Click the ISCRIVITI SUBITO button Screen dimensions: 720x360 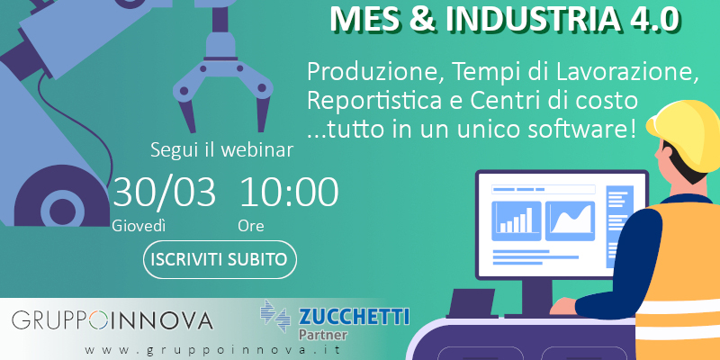220,259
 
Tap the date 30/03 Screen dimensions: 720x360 164,192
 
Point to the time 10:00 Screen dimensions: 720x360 289,192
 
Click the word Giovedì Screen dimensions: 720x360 139,226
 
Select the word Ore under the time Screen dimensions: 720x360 251,226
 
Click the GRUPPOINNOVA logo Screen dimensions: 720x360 112,320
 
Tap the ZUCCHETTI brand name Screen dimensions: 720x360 354,318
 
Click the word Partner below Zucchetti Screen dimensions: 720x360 323,334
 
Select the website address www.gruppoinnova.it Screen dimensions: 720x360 213,350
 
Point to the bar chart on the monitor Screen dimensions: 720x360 516,220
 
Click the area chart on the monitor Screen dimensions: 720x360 571,220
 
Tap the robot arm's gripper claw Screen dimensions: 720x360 223,83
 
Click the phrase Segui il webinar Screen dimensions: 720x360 221,150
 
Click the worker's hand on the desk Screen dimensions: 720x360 563,306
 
